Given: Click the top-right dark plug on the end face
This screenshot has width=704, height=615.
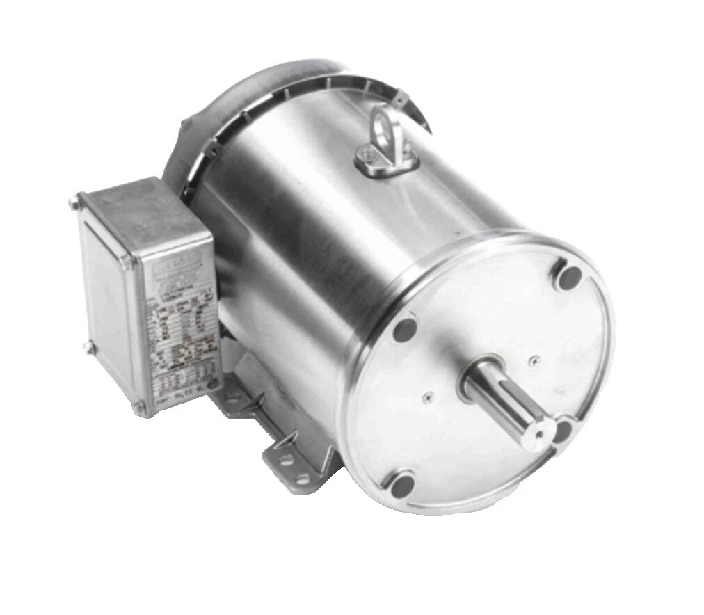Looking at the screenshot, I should tap(569, 277).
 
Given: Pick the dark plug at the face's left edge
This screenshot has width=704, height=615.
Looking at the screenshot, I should tap(405, 329).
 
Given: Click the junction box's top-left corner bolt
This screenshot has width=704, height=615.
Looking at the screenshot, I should tap(74, 204).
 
